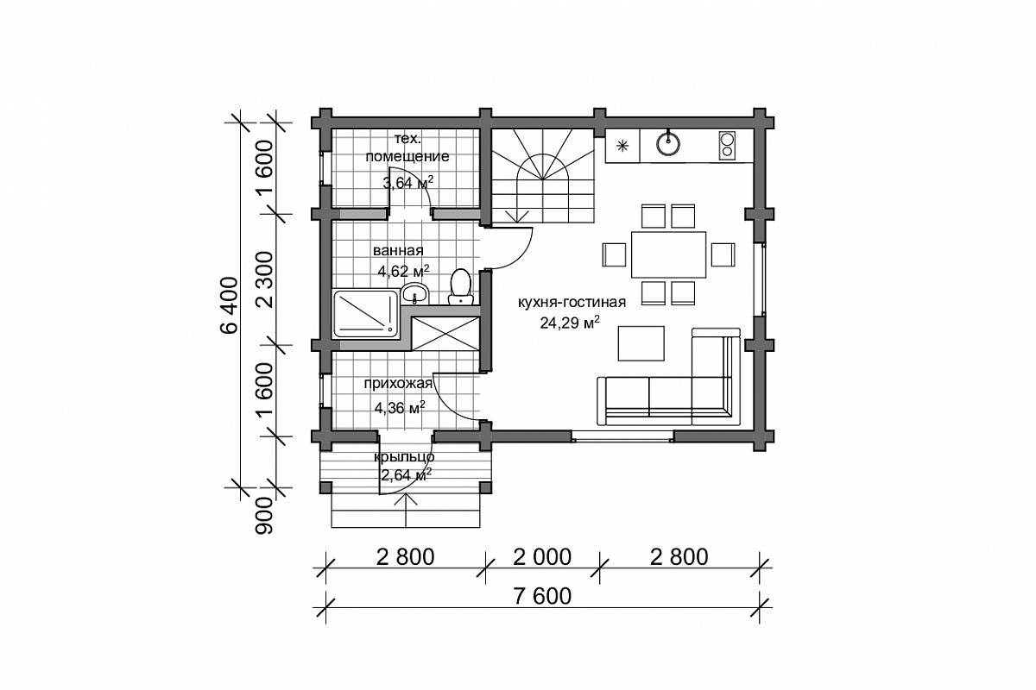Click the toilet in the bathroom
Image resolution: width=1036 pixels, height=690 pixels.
tap(460, 286)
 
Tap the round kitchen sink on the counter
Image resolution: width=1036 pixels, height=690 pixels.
tap(668, 142)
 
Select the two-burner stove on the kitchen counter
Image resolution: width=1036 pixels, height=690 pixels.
tap(727, 146)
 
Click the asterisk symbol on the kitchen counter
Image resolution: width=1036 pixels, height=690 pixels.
tap(622, 146)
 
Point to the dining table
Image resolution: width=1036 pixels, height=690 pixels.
tap(668, 254)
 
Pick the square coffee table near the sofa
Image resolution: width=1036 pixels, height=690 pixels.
tap(641, 343)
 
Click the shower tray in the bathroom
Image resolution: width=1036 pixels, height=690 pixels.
tap(365, 313)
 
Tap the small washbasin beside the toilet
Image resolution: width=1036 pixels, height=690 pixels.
tap(415, 293)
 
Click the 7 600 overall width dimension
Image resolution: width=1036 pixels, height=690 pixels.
tap(542, 596)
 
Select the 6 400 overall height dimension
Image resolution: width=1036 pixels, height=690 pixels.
tap(229, 304)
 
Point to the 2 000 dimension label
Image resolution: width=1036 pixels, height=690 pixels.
tap(542, 557)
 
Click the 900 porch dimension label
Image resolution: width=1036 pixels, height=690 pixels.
tap(264, 516)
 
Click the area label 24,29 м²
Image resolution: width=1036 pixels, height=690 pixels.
tap(570, 322)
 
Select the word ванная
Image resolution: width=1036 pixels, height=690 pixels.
tap(398, 250)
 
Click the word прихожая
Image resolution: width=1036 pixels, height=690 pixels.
tap(398, 384)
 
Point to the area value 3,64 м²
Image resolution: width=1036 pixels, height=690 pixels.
tap(408, 182)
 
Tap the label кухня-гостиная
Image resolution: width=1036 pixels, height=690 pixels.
tap(572, 302)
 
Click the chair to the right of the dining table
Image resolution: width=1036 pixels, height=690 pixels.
tap(723, 254)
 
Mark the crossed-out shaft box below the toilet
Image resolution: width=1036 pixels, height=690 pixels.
tap(445, 333)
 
